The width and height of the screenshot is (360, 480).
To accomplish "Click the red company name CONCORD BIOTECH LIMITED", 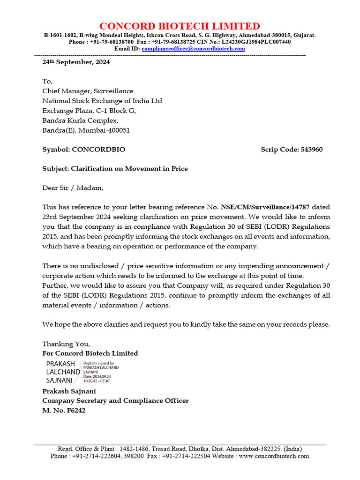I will (180, 26).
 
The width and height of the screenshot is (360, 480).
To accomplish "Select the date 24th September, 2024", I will (76, 62).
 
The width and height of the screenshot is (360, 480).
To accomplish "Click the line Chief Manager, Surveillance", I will (88, 91).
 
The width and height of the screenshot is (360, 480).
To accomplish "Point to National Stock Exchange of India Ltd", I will (102, 101).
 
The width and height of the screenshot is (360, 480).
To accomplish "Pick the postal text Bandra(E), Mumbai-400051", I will (86, 130).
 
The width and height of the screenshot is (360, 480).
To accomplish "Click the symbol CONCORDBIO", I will (98, 150).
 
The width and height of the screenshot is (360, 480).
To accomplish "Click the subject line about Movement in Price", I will (115, 169).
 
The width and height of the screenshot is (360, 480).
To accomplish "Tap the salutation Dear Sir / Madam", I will (73, 188).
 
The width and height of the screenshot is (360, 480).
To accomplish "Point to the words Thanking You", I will (66, 344).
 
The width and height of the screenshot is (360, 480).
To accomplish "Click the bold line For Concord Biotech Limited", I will (90, 353).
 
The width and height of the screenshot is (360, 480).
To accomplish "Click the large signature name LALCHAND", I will (63, 372).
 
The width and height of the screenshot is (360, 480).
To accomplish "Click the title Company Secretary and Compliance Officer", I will (115, 401).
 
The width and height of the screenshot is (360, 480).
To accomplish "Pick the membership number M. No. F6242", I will (64, 411).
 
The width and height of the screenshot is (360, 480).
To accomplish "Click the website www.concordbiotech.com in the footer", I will (274, 456).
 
